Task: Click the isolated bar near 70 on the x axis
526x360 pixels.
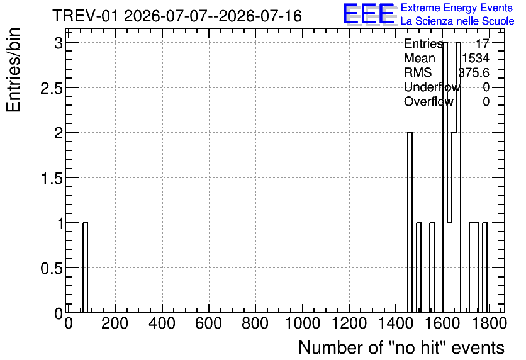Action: tap(85, 267)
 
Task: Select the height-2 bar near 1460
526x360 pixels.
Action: tap(410, 222)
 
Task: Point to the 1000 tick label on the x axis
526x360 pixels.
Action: tap(303, 323)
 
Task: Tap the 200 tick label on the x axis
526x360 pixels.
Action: tap(115, 323)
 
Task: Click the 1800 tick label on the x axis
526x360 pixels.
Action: tap(489, 323)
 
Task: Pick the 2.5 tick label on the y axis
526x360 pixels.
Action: tap(52, 88)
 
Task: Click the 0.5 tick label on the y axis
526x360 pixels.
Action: tap(52, 268)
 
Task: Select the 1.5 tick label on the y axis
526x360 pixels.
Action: tap(52, 179)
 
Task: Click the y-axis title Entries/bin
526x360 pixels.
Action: tap(13, 70)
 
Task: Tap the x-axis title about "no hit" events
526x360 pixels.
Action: tap(401, 347)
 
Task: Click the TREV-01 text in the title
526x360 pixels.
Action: tap(86, 16)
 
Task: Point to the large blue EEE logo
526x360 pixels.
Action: tap(369, 14)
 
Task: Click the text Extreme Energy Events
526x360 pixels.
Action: tap(457, 8)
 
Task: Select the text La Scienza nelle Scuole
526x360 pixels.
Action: tap(457, 21)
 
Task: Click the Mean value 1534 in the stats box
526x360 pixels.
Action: tap(476, 58)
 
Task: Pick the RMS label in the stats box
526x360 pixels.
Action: tap(418, 72)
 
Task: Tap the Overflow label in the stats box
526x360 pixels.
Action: tap(428, 101)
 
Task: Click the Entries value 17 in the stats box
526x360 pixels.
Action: tap(483, 43)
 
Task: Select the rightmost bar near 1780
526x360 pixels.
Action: tap(484, 267)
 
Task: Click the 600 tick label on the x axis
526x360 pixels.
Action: tap(209, 323)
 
